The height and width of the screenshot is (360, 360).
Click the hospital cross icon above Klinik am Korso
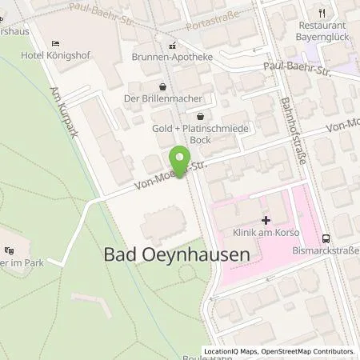266,220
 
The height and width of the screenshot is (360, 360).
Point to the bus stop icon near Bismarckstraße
326,238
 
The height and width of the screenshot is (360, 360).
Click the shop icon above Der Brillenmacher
163,86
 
